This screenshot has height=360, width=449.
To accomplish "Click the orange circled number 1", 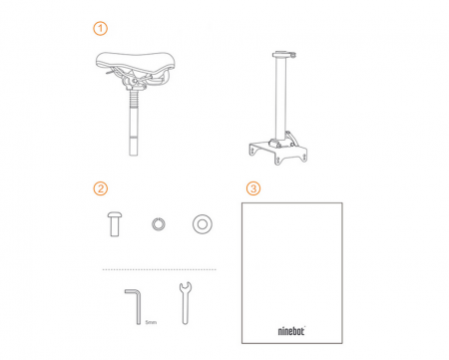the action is [x=100, y=29].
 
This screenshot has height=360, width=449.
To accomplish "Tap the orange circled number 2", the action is [x=100, y=188].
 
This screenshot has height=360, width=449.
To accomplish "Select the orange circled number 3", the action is [x=253, y=188].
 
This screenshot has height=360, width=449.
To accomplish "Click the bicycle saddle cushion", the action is [x=135, y=62].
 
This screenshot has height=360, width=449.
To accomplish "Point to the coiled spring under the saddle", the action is [x=134, y=99].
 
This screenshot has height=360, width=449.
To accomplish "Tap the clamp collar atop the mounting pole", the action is [x=283, y=54].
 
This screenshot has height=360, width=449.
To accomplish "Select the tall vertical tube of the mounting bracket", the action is [x=280, y=98].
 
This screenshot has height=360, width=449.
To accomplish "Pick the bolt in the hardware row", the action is [x=115, y=224].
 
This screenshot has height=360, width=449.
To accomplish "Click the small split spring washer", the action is [x=159, y=223].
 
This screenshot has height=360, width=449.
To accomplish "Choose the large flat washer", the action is [x=203, y=224].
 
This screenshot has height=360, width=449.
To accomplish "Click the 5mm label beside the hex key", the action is [x=151, y=322].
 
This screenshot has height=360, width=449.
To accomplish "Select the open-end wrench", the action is [x=186, y=303].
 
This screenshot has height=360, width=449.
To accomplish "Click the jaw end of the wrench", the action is [x=186, y=287].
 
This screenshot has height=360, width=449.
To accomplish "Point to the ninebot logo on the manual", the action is [x=291, y=331].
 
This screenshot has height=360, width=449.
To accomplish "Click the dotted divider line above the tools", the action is [x=160, y=269].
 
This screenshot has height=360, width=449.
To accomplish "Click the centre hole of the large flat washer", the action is [x=203, y=224].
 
